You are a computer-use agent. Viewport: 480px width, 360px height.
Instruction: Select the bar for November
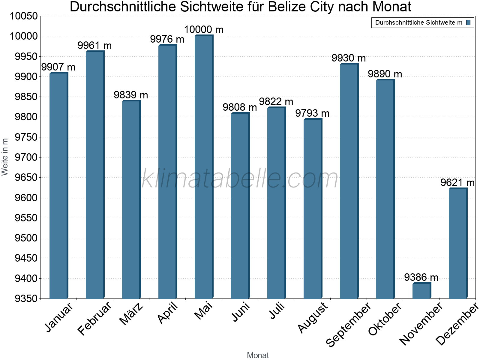(421, 291)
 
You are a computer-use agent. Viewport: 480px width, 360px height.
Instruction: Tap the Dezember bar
(457, 243)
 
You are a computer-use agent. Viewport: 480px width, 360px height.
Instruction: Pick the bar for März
(131, 199)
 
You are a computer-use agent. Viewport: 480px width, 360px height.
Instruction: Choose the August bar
(312, 209)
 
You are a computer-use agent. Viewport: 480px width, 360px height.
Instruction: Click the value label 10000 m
(204, 30)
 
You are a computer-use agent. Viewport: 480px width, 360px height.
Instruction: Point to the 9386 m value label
(421, 277)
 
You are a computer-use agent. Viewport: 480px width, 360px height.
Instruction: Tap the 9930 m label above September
(349, 58)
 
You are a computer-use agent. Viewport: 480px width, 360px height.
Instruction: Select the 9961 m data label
(94, 46)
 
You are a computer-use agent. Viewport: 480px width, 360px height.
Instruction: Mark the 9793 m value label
(312, 113)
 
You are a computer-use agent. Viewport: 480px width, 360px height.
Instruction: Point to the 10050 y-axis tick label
(24, 16)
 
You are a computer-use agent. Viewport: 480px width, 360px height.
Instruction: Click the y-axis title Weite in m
(5, 157)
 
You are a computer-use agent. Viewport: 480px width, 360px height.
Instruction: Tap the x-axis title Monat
(258, 355)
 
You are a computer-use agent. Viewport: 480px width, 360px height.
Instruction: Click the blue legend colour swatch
(468, 22)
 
